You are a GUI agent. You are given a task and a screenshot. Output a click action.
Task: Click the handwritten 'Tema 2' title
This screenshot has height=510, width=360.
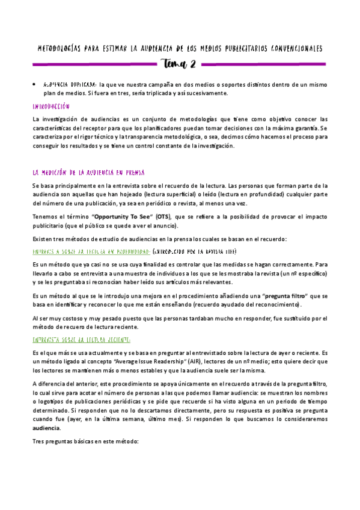[x=180, y=64]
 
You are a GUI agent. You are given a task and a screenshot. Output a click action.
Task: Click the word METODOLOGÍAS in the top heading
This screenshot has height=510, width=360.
[x=61, y=48]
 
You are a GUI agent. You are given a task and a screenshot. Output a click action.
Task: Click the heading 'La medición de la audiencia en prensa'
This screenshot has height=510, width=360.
[x=88, y=173]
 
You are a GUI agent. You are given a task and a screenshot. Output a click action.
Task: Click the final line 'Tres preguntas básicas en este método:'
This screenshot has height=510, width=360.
[x=85, y=441]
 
